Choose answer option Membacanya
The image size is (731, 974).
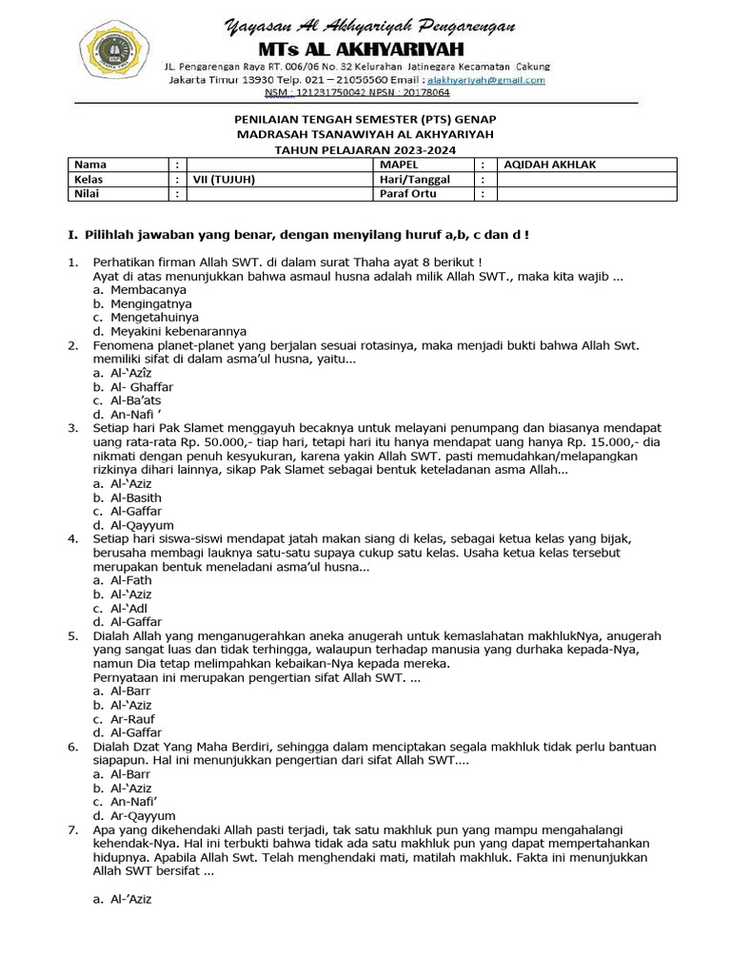[x=148, y=289]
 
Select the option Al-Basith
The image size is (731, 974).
[x=136, y=497]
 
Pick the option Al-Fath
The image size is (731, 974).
[x=131, y=580]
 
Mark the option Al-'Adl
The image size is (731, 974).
[x=129, y=608]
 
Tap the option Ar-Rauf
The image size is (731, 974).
[x=132, y=719]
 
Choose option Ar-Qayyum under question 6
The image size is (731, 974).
[x=142, y=815]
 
